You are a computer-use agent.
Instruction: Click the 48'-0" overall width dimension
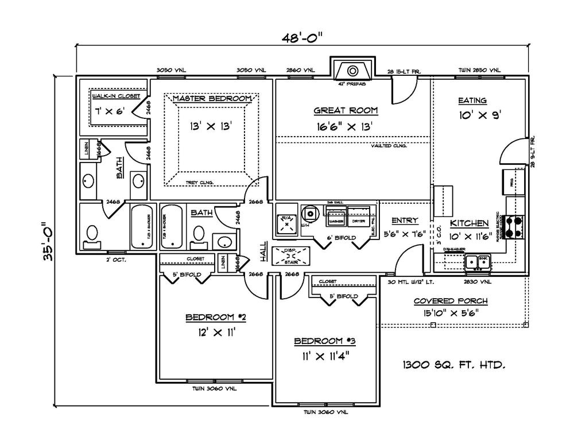[302, 38]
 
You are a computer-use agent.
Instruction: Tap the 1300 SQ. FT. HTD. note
[453, 364]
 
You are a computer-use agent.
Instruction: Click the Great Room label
[346, 110]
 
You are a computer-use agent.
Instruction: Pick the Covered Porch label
[451, 301]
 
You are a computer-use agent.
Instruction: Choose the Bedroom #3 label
[325, 341]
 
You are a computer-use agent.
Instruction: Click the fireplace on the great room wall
[352, 71]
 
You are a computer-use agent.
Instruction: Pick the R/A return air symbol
[286, 222]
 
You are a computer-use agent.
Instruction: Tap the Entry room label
[405, 220]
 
